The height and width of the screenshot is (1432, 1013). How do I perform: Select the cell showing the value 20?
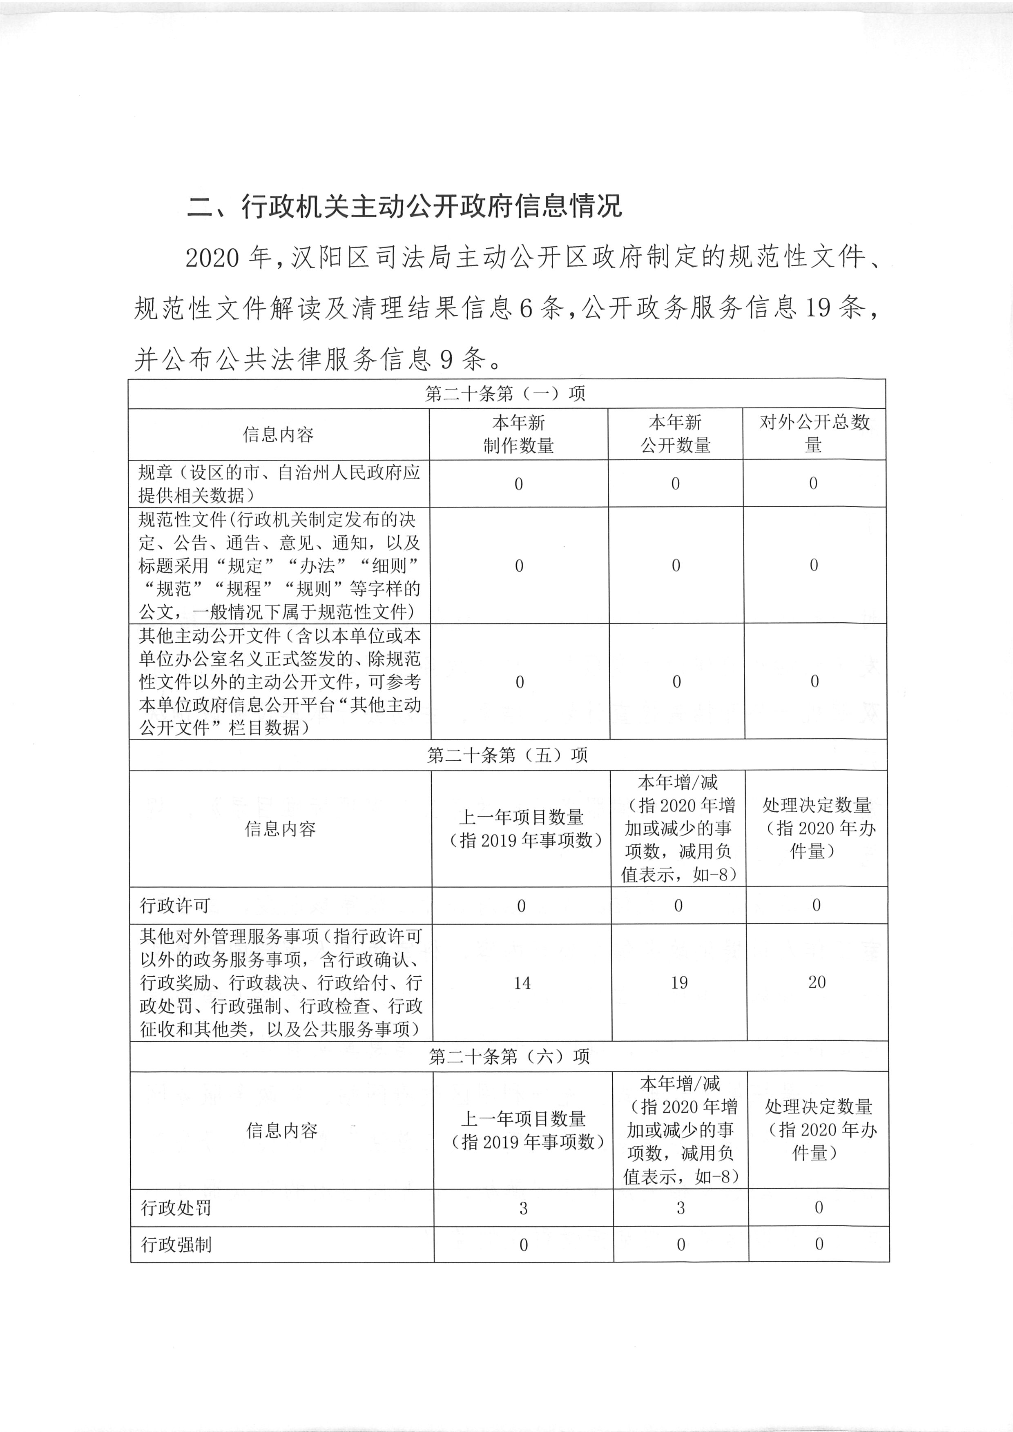[817, 982]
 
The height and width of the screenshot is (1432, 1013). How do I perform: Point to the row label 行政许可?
[175, 906]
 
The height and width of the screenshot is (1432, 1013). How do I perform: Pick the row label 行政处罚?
[176, 1208]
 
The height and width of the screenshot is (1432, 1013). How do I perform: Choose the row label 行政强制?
[176, 1245]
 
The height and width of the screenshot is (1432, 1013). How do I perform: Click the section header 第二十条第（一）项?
[505, 394]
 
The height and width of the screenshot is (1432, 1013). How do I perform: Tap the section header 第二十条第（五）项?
[507, 755]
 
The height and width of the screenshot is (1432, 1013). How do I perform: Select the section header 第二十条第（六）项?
[509, 1056]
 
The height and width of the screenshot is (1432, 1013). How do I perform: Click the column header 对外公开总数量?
[814, 434]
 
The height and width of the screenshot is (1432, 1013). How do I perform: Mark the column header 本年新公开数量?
[676, 434]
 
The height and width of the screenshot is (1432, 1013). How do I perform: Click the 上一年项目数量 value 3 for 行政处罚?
[523, 1208]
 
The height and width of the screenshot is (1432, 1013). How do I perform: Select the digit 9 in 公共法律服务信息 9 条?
[446, 359]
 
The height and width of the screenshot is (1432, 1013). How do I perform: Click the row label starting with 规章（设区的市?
[279, 483]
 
